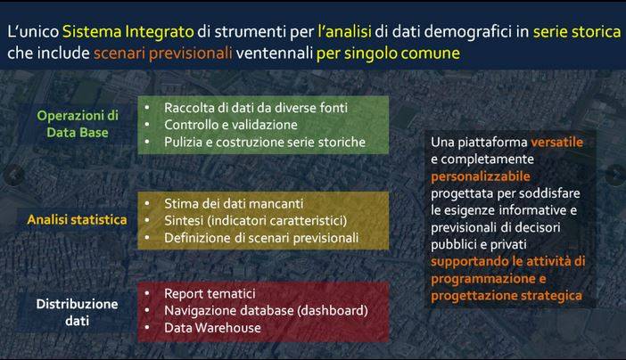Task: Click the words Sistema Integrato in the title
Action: click(128, 32)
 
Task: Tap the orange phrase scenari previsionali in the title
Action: click(163, 53)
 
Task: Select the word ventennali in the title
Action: click(275, 53)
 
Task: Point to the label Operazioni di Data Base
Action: click(78, 124)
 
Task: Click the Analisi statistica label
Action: click(77, 219)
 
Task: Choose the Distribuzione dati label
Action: click(77, 312)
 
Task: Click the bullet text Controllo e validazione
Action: click(231, 125)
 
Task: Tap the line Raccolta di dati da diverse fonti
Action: click(256, 108)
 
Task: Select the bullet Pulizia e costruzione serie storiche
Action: click(265, 142)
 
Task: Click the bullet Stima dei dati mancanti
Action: click(234, 203)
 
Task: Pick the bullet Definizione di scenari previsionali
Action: click(261, 238)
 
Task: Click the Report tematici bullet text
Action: click(210, 293)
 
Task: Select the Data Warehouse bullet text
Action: click(212, 328)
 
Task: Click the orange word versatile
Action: click(557, 142)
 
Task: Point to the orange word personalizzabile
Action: click(481, 176)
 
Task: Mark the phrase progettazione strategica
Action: click(507, 296)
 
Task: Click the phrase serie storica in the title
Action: click(577, 32)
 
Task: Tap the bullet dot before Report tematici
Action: click(147, 293)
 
